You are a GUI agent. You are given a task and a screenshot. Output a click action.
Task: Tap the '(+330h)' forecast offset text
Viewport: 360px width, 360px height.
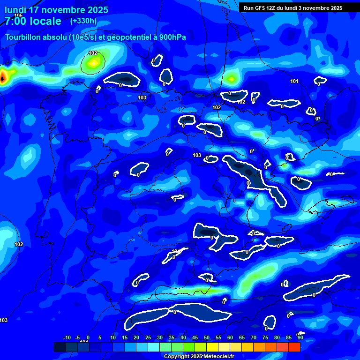click(83, 21)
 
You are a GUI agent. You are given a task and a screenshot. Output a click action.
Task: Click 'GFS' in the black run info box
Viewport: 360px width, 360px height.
click(261, 8)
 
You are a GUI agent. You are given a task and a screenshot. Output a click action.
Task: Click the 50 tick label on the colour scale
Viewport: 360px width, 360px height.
click(207, 338)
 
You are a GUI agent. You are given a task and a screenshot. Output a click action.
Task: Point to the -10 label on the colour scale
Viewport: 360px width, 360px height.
click(67, 338)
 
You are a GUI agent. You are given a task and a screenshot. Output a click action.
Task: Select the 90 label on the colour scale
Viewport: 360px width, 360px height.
click(300, 338)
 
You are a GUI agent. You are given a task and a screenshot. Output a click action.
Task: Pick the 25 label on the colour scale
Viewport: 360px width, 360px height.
click(148, 338)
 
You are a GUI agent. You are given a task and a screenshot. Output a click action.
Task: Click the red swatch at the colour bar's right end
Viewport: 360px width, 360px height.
click(294, 347)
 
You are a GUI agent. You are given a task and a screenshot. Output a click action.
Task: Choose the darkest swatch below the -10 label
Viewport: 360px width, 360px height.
click(60, 347)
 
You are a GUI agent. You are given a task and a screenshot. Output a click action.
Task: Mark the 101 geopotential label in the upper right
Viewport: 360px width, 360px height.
click(294, 82)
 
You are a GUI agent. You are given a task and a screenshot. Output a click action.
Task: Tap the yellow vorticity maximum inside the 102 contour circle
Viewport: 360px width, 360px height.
click(94, 62)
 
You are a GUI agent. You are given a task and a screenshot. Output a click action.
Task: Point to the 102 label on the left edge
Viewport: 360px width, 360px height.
click(19, 245)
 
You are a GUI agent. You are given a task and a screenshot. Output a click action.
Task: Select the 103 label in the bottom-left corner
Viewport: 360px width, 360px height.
click(4, 321)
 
